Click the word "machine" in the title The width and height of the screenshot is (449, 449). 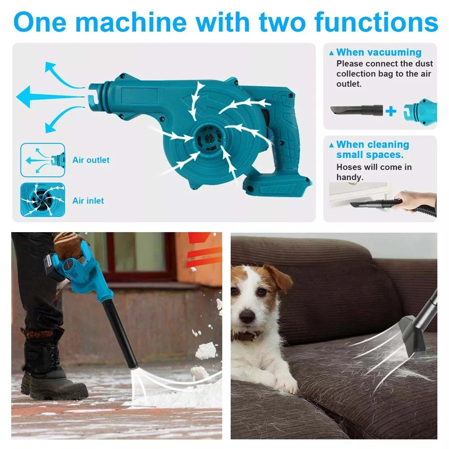click(x=132, y=22)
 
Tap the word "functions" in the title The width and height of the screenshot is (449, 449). click(x=376, y=22)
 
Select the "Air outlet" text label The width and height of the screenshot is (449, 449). click(x=91, y=160)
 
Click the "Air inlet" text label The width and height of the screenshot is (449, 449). click(x=88, y=201)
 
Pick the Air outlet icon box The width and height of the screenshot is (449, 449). click(x=43, y=160)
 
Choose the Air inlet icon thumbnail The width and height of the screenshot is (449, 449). click(x=43, y=200)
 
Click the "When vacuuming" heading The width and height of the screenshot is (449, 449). click(x=379, y=53)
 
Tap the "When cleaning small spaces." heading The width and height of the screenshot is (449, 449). click(x=373, y=150)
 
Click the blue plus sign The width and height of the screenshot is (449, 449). click(x=391, y=111)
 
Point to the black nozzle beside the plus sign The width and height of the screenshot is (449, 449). click(x=357, y=110)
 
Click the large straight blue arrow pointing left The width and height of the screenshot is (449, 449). click(x=50, y=97)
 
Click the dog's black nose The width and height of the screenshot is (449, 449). click(x=247, y=316)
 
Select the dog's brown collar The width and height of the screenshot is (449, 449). click(x=246, y=335)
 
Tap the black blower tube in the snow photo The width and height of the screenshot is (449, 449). click(x=120, y=334)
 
